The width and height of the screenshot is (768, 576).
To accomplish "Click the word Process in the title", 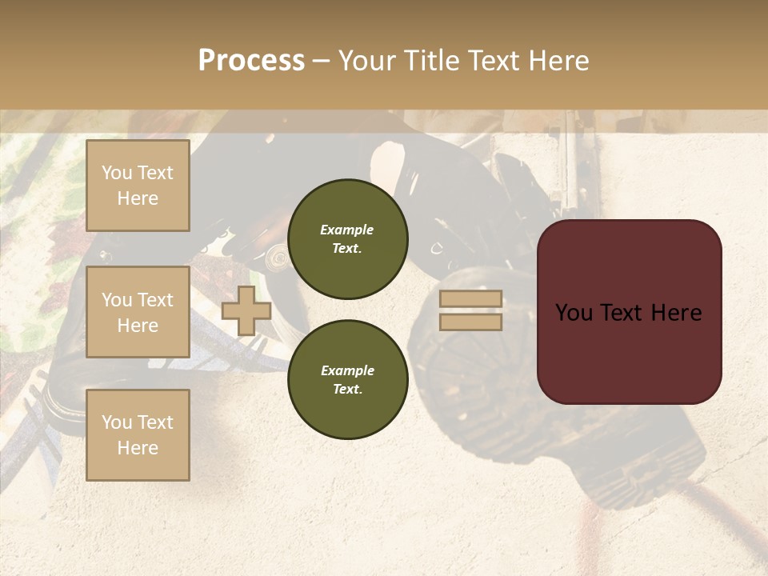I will [x=251, y=61].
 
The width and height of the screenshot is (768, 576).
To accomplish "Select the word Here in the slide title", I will [x=558, y=61].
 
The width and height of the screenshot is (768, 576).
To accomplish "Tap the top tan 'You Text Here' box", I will [x=138, y=186].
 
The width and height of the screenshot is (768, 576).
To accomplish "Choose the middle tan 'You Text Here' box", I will [x=138, y=312].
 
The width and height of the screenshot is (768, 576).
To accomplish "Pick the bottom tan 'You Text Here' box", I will [x=138, y=435].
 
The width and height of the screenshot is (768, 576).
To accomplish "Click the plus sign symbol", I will [x=246, y=310].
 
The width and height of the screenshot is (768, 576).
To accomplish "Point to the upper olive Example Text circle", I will [x=347, y=239].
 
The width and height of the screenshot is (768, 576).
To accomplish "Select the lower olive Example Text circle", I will [x=347, y=380].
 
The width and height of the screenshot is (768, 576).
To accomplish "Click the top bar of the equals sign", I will [x=471, y=299].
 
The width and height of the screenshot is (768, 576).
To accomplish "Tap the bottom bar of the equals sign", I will [x=471, y=322].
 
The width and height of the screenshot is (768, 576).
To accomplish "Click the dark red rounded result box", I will [x=630, y=352].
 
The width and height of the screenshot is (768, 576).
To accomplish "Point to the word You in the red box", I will [x=575, y=313].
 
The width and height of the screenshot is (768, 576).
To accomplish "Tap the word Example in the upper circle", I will [x=347, y=230].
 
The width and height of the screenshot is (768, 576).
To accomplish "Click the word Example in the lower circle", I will [x=347, y=371].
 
